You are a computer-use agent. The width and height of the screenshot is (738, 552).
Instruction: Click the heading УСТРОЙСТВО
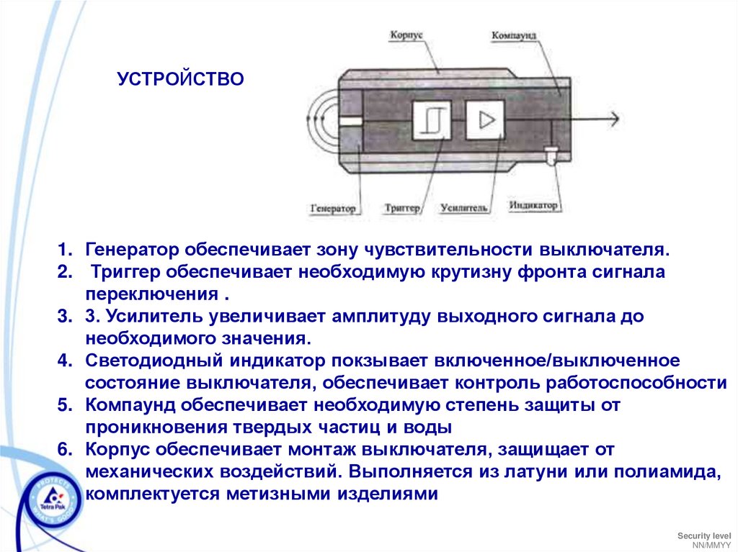point(181,78)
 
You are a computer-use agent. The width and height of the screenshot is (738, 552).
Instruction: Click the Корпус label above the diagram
point(406,35)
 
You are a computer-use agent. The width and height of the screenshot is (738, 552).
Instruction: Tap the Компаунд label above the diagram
point(515,35)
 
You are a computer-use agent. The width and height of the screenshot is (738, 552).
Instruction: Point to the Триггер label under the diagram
point(402,208)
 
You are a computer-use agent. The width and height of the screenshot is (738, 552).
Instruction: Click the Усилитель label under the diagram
point(464,208)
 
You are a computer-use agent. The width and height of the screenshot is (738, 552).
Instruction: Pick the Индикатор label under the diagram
point(533,206)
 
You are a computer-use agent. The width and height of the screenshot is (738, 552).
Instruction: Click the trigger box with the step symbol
point(432,119)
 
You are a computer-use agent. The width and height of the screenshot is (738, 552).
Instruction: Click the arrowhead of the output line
point(613,119)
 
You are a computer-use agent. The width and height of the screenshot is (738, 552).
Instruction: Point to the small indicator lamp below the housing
point(551,154)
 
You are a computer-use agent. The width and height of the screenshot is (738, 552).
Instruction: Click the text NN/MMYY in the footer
point(709,545)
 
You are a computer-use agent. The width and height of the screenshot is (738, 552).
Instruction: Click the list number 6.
point(65,450)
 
